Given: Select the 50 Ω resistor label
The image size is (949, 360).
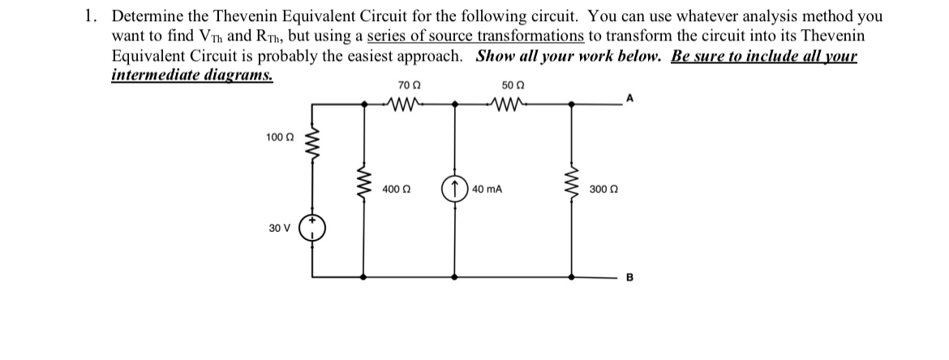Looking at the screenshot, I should [x=513, y=84].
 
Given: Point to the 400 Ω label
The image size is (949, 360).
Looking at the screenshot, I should [x=394, y=189].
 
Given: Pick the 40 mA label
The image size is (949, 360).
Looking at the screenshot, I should [x=487, y=189].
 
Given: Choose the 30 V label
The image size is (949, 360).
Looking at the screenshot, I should [x=278, y=228].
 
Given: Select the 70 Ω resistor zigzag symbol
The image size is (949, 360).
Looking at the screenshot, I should [x=409, y=104].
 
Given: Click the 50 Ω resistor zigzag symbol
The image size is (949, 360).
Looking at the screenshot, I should [x=512, y=104].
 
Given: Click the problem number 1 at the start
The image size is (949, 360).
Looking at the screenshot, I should [x=92, y=16].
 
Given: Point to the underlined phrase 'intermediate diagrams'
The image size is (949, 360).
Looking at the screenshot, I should [x=191, y=75].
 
